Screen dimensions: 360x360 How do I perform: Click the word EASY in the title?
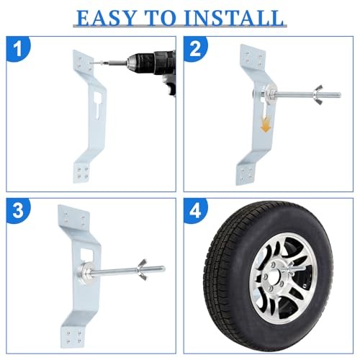click(106, 18)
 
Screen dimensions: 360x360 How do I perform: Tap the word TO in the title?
click(161, 18)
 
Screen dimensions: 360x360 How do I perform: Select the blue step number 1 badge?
click(18, 49)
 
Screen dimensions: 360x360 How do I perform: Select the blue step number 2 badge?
click(195, 49)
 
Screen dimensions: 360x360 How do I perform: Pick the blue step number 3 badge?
click(18, 211)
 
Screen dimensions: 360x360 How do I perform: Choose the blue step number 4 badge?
click(195, 211)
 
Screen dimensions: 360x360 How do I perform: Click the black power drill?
click(153, 70)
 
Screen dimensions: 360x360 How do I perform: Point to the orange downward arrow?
click(266, 124)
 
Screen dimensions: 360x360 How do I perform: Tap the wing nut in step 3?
click(143, 269)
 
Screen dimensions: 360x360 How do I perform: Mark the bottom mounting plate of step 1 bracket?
click(82, 172)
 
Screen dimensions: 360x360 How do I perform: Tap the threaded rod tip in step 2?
click(339, 95)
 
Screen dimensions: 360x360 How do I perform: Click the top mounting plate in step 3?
click(74, 218)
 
